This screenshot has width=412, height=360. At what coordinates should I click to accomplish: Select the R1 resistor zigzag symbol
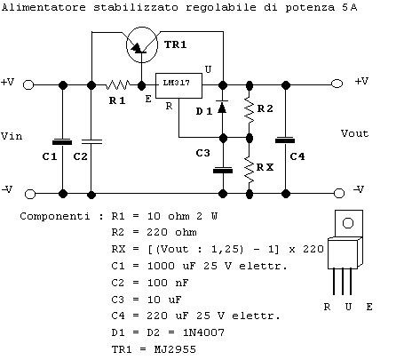coord(117,85)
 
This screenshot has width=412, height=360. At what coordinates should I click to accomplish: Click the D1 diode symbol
coord(223,107)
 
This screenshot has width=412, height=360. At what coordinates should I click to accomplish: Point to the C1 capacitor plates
coord(62,142)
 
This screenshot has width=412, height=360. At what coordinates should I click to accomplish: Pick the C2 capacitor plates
coord(91,142)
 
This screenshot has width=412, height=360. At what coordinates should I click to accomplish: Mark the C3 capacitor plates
coord(223,171)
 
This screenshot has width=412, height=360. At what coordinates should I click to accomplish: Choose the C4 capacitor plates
coord(285,140)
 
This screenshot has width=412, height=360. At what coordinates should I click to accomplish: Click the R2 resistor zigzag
coord(250,109)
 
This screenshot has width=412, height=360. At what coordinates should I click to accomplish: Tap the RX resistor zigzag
coord(250,170)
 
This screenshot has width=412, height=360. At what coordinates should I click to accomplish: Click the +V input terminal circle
coord(28,85)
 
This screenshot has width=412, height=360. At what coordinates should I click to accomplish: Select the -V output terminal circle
coord(339,194)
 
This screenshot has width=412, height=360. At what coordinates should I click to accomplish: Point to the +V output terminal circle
coord(337,84)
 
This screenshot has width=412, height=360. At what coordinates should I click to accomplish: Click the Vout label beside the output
coord(354,133)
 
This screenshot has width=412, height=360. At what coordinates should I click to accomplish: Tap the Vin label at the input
coord(12,136)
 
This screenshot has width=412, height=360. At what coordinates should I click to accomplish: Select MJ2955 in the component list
coord(175,349)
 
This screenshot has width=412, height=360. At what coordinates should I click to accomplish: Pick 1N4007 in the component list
coord(203,332)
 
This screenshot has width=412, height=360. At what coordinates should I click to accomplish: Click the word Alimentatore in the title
coord(44,7)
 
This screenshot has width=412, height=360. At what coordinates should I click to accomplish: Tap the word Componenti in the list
coord(55,216)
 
